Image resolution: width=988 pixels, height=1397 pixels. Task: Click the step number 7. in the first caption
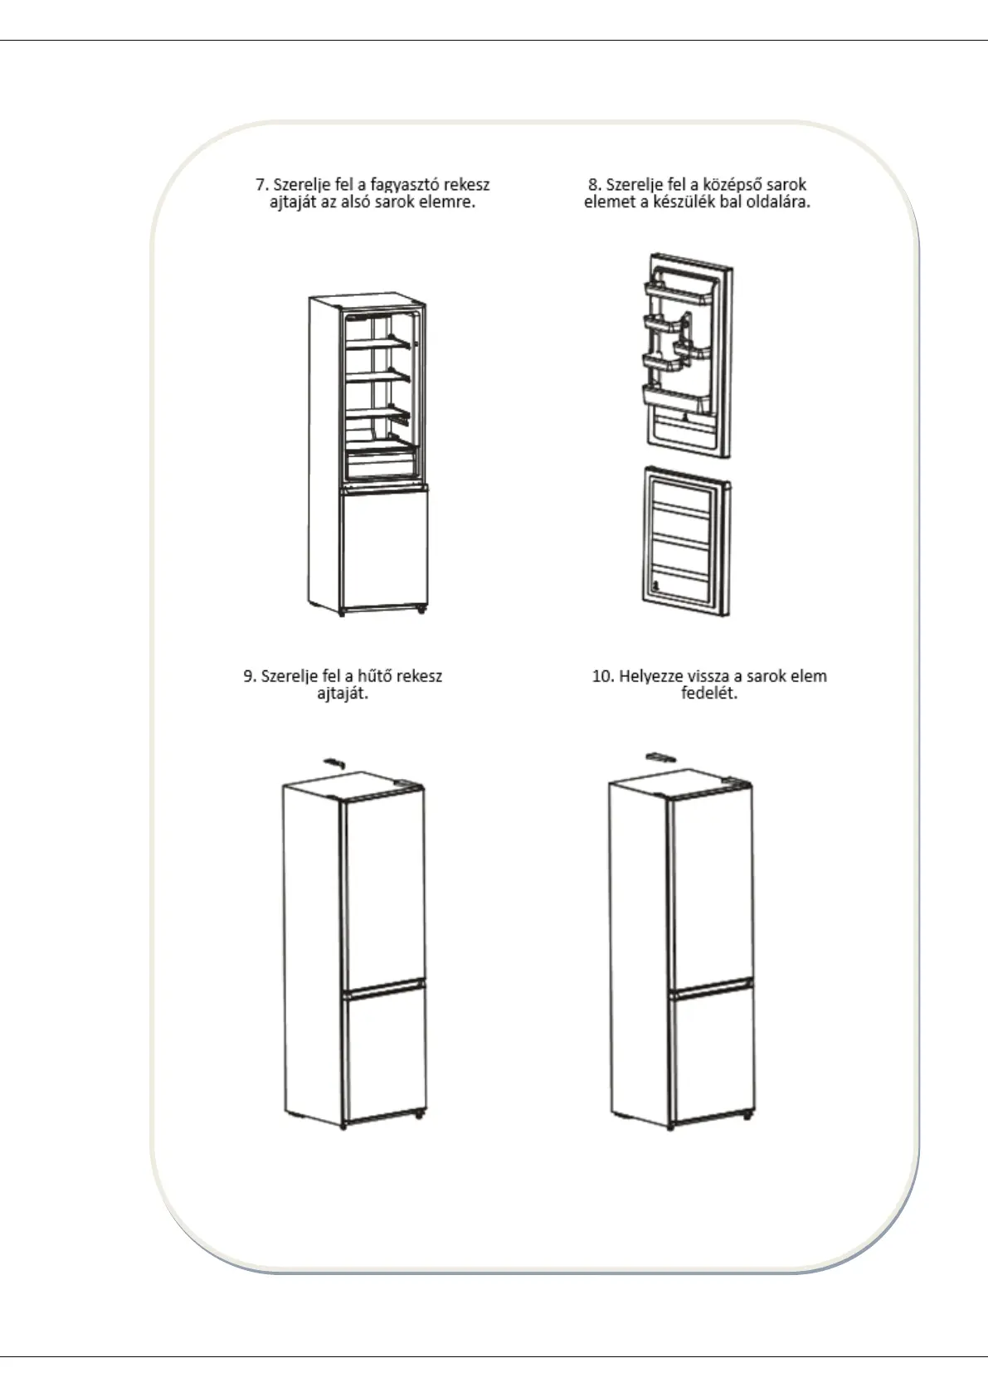[261, 185]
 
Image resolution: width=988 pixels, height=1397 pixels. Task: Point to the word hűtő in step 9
[375, 676]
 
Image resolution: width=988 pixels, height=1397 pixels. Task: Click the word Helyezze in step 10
[651, 676]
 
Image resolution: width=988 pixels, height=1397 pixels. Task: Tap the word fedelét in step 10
[708, 694]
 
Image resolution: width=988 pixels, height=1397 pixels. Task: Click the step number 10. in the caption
[602, 676]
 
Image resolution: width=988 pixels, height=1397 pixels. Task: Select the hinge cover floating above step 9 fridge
[333, 761]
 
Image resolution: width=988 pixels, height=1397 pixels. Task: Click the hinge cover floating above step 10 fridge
[659, 756]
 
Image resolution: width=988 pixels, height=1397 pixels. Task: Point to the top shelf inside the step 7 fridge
[377, 342]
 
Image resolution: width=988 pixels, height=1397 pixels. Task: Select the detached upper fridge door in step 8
[687, 357]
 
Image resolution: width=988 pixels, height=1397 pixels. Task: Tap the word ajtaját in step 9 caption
[343, 694]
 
